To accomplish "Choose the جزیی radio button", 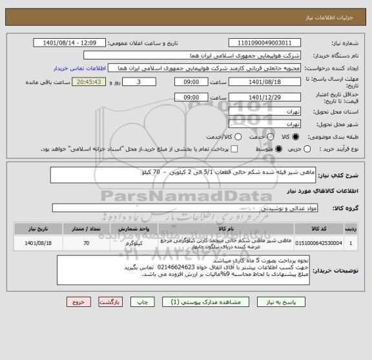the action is [296, 149].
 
